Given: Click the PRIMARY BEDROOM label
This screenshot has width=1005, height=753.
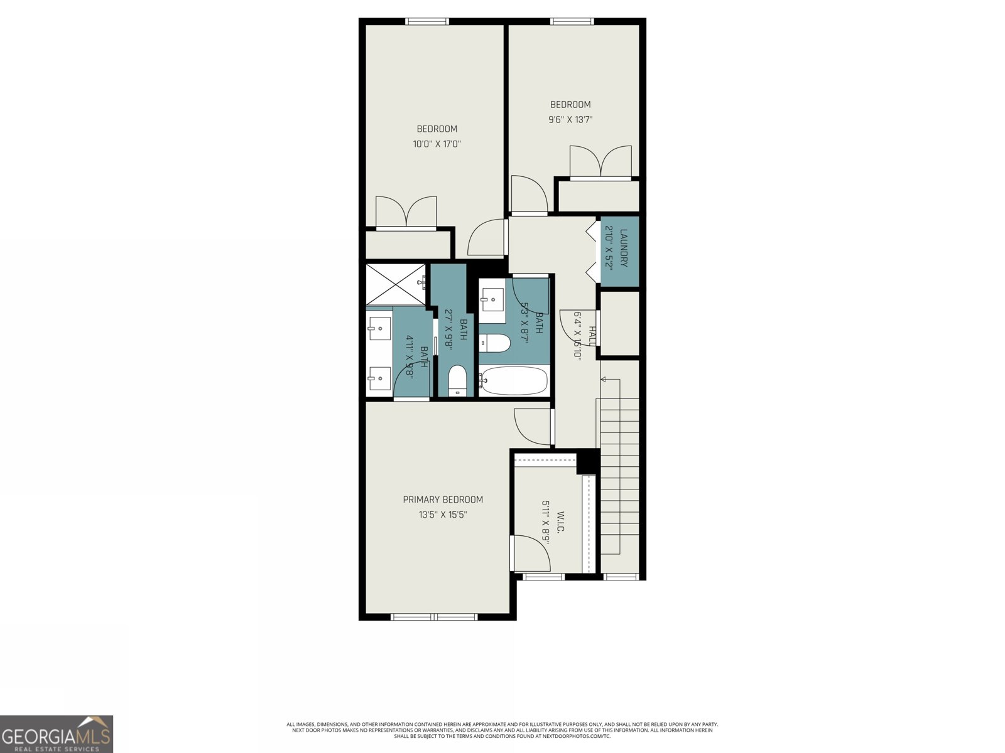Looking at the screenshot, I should (443, 499).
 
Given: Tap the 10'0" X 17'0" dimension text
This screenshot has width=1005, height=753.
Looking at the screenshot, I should (437, 144).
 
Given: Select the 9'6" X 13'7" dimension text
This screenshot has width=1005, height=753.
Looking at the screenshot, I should (570, 119).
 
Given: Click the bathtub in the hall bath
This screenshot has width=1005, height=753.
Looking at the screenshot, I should (514, 380).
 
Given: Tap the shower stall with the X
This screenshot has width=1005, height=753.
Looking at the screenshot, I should (396, 284).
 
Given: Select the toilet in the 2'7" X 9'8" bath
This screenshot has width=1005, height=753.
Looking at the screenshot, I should (458, 381).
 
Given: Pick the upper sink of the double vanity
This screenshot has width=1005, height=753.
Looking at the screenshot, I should (379, 326).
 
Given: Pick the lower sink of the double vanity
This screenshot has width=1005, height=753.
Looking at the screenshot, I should (379, 378).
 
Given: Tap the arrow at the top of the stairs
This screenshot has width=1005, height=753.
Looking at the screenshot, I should (604, 380).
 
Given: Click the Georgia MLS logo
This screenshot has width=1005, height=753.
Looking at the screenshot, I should (57, 734).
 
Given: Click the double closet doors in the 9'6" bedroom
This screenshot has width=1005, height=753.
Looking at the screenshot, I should (600, 162).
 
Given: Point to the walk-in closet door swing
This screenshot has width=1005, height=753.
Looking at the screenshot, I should (531, 553).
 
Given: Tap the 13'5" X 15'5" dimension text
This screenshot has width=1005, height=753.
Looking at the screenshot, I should (443, 515).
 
